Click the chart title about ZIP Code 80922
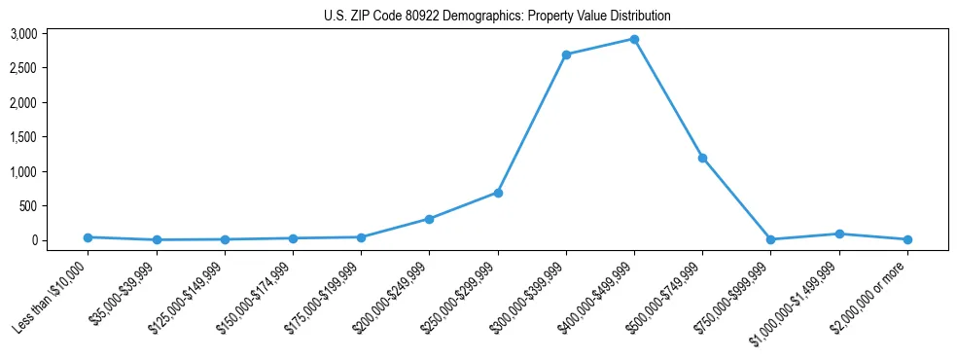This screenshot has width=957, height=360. [x=497, y=16]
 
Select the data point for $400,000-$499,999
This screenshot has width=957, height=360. [x=634, y=40]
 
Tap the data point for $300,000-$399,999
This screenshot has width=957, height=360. [x=566, y=54]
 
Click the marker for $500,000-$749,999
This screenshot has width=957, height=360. [x=702, y=158]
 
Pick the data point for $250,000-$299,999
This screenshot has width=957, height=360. [x=498, y=193]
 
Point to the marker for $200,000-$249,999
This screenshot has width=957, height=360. [x=429, y=219]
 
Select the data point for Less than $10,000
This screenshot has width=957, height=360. [x=89, y=237]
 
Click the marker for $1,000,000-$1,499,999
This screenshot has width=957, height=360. [x=838, y=234]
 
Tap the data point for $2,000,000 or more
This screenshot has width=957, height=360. [x=907, y=239]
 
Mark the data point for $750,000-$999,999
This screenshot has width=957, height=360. [x=770, y=239]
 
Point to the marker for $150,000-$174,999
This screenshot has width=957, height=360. [x=293, y=238]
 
